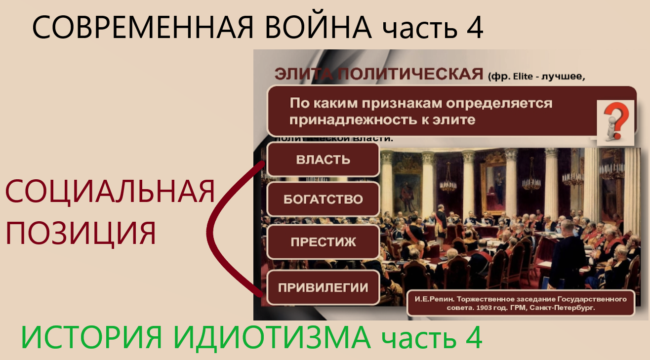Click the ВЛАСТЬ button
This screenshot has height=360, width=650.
click(x=323, y=160)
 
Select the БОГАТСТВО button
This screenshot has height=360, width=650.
click(x=323, y=200)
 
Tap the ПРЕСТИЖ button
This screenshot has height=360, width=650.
click(x=323, y=242)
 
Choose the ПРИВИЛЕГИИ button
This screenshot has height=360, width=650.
click(x=323, y=287)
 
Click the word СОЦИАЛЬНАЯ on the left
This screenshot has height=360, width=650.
click(x=110, y=192)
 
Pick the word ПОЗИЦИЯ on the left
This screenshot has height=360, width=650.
click(x=81, y=233)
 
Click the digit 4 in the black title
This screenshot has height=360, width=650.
click(x=473, y=29)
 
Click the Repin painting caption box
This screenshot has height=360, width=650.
click(x=520, y=302)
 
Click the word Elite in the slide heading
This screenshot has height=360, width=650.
click(x=539, y=77)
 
